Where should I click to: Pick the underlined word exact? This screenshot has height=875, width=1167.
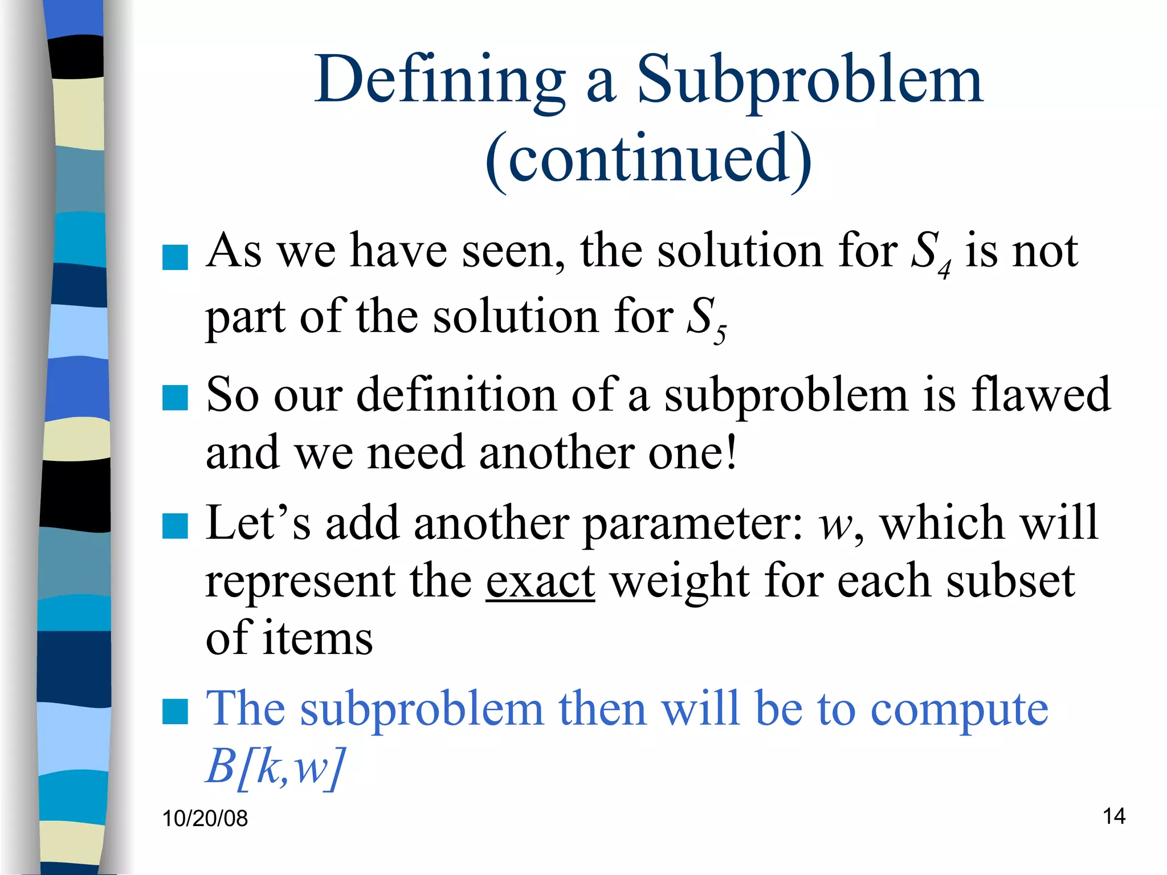tap(540, 581)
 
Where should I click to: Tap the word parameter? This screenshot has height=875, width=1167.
tap(693, 524)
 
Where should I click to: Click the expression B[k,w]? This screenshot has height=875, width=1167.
tap(276, 767)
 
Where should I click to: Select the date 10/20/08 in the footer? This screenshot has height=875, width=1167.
tap(205, 819)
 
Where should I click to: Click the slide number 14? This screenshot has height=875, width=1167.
tap(1114, 816)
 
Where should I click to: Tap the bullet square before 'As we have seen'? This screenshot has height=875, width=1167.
tap(175, 257)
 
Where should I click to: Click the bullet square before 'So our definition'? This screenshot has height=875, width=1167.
tap(175, 398)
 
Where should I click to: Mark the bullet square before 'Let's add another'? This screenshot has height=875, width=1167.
tap(175, 526)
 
